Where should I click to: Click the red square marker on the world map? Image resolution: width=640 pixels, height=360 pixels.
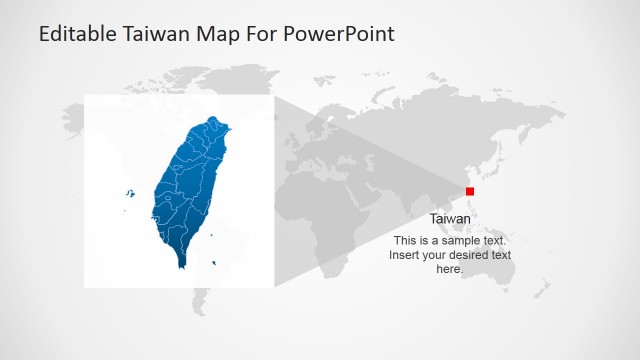pos(470,191)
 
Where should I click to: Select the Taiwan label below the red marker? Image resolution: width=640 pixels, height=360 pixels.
pos(450,219)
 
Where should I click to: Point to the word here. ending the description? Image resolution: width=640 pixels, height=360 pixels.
pos(450,269)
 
